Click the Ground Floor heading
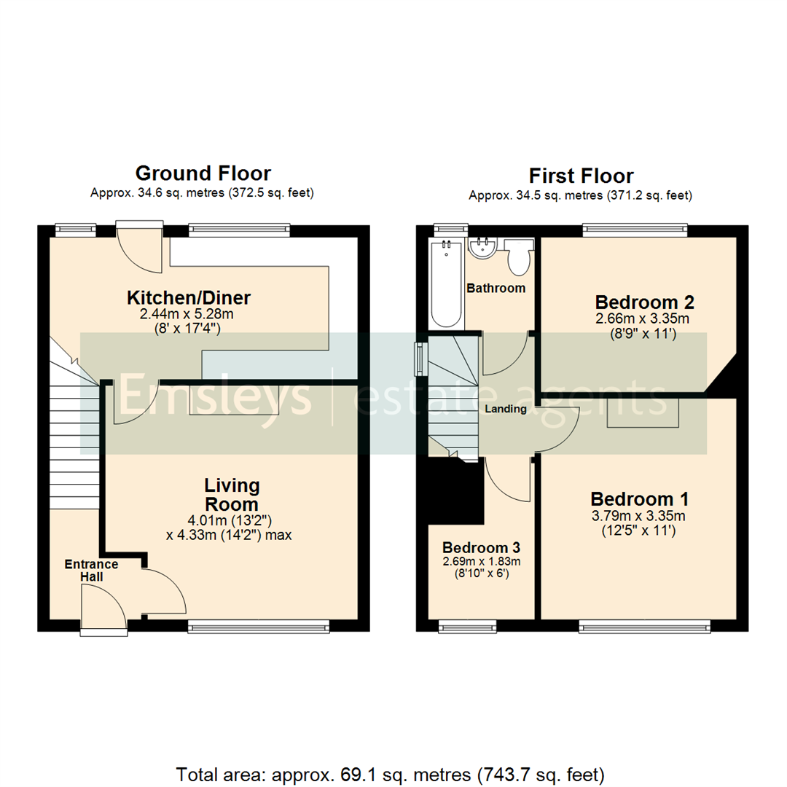(x=203, y=173)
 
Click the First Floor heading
(x=581, y=176)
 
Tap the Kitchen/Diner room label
(x=189, y=297)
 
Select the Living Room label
(x=232, y=495)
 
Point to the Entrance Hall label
(x=91, y=570)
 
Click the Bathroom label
(x=496, y=288)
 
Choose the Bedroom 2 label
(x=634, y=302)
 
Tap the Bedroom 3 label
(x=480, y=547)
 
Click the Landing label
(x=506, y=409)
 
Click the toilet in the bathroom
(x=519, y=258)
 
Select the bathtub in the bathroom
(x=446, y=284)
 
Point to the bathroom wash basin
(x=482, y=248)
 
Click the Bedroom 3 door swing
(x=509, y=481)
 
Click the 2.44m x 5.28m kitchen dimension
(x=189, y=314)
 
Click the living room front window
(x=259, y=626)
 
